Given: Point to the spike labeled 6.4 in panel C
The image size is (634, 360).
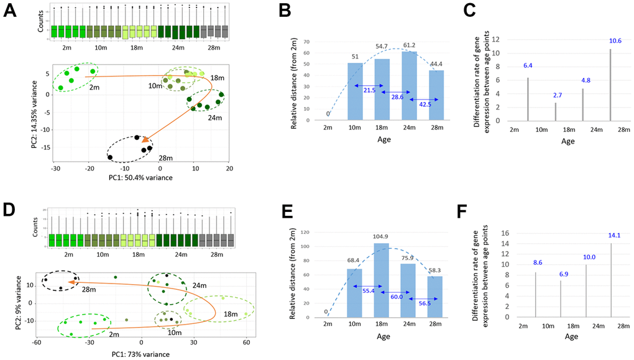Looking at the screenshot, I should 528,99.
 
